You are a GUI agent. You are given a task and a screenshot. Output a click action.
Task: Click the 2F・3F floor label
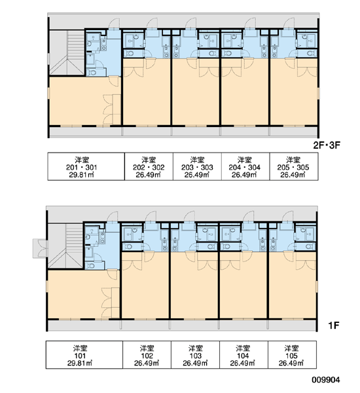[x=327, y=145]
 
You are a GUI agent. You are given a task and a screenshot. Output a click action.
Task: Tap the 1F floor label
[x=334, y=326]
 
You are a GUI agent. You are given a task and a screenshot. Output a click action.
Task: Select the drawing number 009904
[x=326, y=380]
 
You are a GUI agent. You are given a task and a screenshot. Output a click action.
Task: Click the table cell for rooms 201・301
[x=86, y=166]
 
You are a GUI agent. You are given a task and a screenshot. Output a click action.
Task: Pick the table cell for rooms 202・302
[x=149, y=166]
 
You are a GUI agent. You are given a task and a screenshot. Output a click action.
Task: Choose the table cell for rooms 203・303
[x=197, y=166]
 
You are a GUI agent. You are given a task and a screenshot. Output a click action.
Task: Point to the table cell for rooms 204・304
[x=245, y=166]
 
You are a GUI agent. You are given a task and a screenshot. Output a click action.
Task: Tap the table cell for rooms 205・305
[x=294, y=166]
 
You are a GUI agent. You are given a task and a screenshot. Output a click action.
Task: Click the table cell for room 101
[x=84, y=354]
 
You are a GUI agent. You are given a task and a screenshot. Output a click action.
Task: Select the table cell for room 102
[x=147, y=354]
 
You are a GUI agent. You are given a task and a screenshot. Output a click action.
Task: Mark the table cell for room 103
[x=196, y=354]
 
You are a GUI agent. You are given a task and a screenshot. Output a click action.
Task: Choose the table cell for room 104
[x=243, y=354]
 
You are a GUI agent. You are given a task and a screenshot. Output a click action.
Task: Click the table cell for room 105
[x=292, y=354]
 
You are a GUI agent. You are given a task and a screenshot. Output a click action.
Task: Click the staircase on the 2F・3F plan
[x=67, y=52]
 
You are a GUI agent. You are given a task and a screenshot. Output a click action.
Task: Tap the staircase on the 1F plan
[x=65, y=246]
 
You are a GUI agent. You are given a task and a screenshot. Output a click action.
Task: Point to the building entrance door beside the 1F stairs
[x=40, y=249]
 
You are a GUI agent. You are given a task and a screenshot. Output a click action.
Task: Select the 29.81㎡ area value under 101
[x=80, y=363]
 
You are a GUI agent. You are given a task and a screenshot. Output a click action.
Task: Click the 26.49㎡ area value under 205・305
[x=293, y=175]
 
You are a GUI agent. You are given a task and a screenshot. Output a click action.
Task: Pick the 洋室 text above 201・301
[x=82, y=160]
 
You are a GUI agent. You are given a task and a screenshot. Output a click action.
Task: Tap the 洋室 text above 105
[x=292, y=348]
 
